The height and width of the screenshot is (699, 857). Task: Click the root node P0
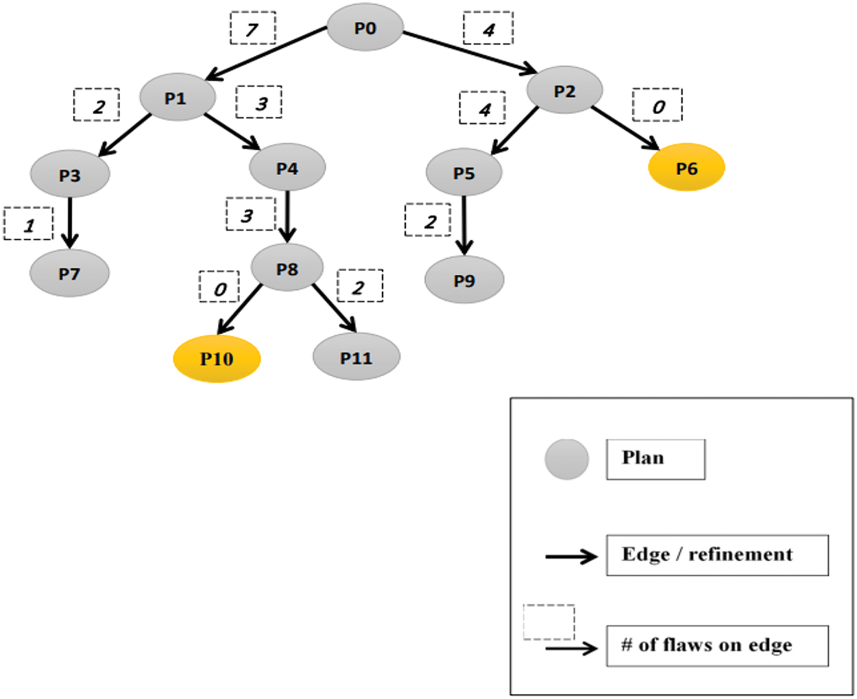coord(365,27)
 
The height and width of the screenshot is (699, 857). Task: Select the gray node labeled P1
coord(177,97)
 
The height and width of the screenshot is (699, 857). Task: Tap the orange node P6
coord(686,167)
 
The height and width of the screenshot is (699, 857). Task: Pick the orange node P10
coord(217,359)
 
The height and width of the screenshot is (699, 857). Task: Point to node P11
coord(357,357)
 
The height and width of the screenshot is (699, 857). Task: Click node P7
coord(69,273)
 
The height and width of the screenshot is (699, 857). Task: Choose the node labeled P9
coord(464,280)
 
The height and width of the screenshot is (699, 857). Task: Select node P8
coord(287,268)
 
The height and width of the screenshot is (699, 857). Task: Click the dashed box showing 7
coord(253,27)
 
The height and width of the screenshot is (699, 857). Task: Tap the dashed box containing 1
coord(28,223)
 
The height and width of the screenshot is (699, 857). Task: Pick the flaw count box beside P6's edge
coord(657,104)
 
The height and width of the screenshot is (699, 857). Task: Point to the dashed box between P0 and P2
coord(488,27)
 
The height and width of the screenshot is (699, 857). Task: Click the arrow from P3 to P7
coord(70,223)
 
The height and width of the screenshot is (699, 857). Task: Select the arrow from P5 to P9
coord(464,225)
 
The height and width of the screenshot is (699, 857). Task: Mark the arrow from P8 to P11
coord(335,308)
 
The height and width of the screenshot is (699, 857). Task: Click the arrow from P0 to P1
coord(266,54)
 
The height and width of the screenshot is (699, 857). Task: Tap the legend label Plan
coord(643,458)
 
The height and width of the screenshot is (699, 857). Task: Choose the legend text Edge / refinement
coord(707,554)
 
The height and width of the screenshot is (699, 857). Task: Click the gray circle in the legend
coord(567,460)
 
